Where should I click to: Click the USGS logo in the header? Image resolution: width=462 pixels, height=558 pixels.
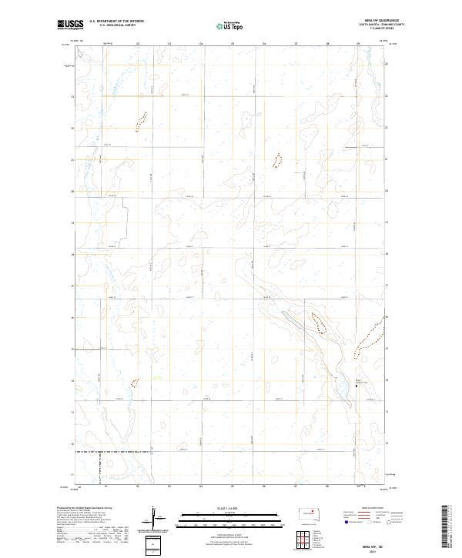click(69, 25)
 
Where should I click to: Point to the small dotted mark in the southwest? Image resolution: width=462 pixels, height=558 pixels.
click(135, 382)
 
